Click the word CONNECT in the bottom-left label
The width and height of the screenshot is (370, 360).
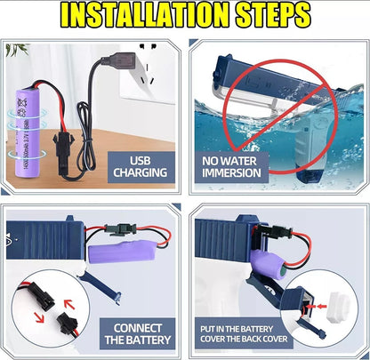(x=139, y=327)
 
